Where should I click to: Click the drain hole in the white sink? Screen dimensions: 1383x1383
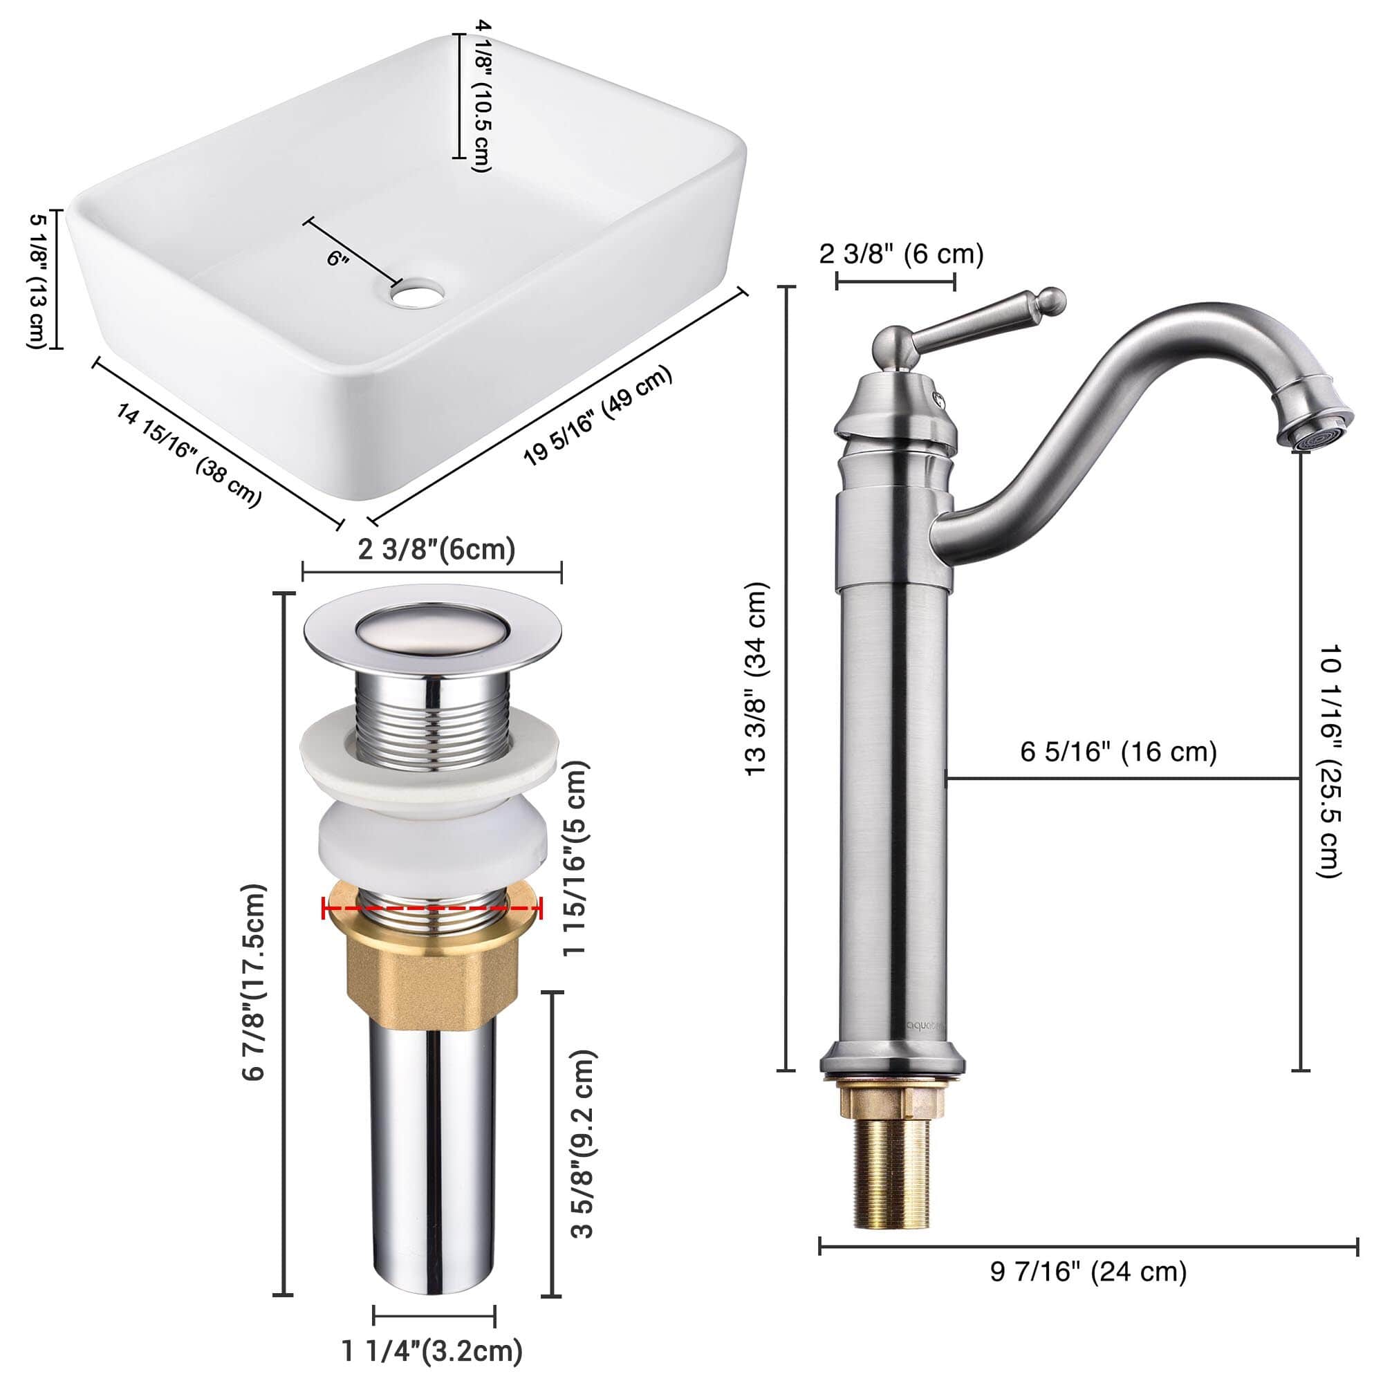click(x=418, y=294)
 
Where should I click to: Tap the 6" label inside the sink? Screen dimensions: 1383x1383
click(x=337, y=258)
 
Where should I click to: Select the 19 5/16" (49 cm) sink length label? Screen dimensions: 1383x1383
click(x=597, y=415)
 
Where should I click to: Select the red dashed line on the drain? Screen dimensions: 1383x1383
click(x=432, y=908)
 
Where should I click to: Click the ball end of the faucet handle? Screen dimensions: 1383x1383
click(x=1051, y=300)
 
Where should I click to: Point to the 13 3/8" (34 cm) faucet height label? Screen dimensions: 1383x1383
click(x=757, y=678)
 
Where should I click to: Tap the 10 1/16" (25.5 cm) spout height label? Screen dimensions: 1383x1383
click(x=1328, y=761)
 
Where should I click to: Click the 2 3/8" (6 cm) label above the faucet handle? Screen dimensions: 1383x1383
click(x=900, y=253)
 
